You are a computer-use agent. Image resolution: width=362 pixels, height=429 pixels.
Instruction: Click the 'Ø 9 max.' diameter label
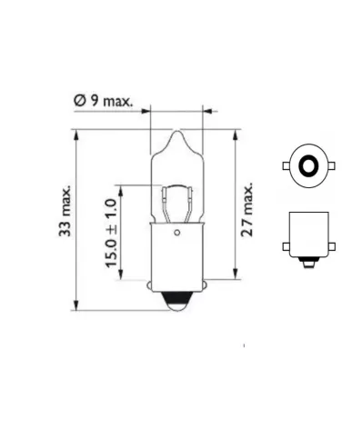click(102, 103)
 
